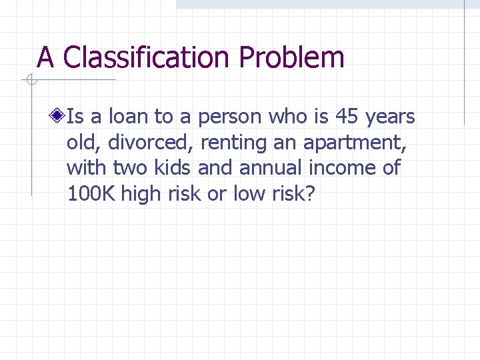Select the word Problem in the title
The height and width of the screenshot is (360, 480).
point(291,58)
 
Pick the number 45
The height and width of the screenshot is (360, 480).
point(346,117)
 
